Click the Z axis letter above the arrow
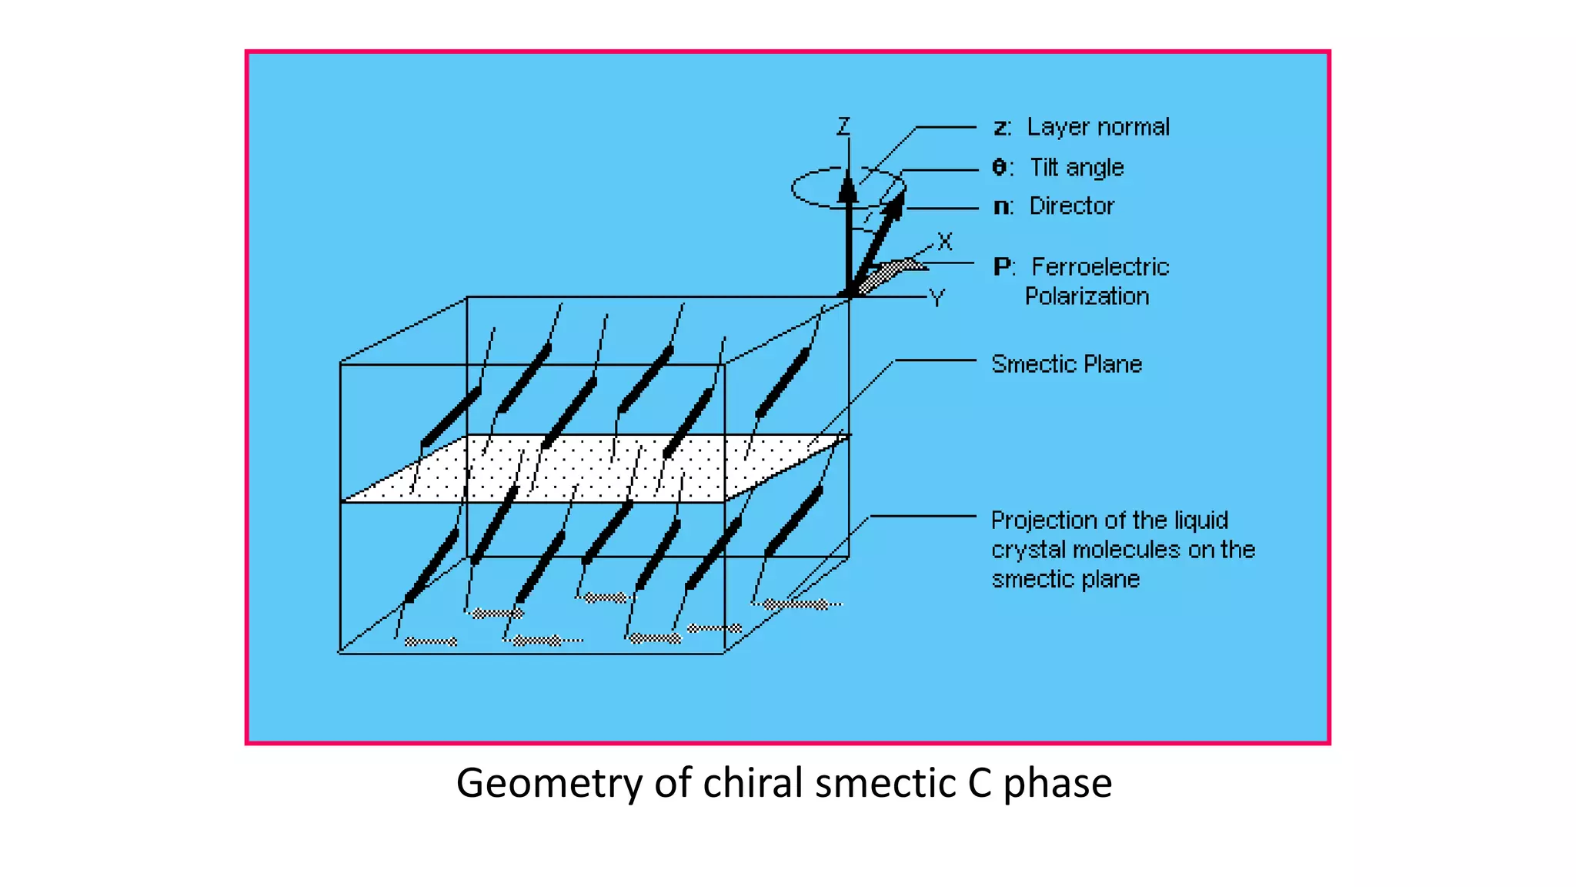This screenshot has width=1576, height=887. [x=844, y=126]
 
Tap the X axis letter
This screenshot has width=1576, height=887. [x=945, y=242]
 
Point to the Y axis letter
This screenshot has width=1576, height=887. [x=937, y=298]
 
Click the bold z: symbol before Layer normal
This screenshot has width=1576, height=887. [x=1001, y=128]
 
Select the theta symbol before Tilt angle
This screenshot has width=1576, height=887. [x=1000, y=167]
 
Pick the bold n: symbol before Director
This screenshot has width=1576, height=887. [x=1003, y=206]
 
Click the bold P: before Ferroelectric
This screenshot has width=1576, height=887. [x=1003, y=266]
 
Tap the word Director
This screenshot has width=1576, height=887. [x=1071, y=206]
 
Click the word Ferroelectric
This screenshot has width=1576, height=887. [x=1100, y=266]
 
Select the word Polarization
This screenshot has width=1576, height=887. [x=1087, y=296]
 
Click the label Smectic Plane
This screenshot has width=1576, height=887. [x=1067, y=363]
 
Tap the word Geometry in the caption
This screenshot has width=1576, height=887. [x=549, y=783]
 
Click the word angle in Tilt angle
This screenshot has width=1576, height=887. [x=1094, y=168]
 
